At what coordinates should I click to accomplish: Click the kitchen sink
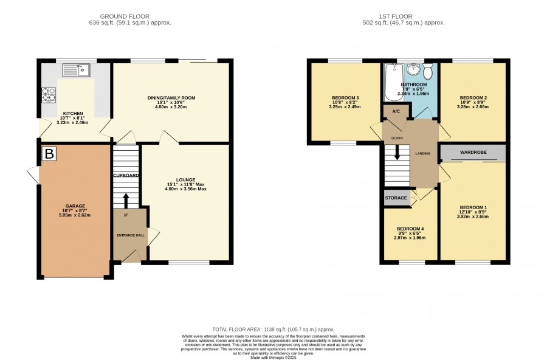tap(77, 70)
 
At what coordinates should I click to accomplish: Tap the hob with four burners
tap(49, 95)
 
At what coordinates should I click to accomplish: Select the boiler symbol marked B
tap(49, 154)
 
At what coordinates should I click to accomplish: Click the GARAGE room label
tap(75, 206)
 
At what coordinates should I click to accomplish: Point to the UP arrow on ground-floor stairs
tap(126, 201)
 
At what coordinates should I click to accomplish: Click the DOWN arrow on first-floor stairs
tap(397, 153)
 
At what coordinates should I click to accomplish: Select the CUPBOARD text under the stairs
tap(126, 175)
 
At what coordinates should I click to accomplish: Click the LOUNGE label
tap(185, 180)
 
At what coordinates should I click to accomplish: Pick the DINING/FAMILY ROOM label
tap(171, 98)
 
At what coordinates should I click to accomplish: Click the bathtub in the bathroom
tap(393, 82)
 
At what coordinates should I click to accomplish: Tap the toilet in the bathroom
tap(428, 71)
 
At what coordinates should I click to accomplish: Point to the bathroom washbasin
tap(414, 69)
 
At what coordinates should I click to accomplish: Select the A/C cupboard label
tap(396, 112)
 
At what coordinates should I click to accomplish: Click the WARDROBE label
tap(473, 152)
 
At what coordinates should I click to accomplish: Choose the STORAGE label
tap(396, 198)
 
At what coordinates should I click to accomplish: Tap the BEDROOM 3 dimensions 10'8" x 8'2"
tap(345, 102)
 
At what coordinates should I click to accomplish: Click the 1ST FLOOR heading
tap(396, 16)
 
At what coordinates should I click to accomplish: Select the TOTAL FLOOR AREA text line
tap(273, 329)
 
